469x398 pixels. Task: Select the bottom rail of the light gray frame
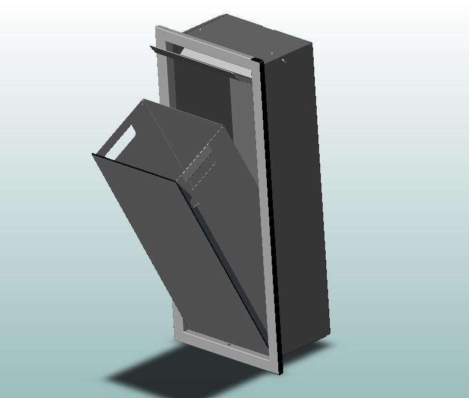pos(228,348)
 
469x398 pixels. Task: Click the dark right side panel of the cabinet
pos(297,198)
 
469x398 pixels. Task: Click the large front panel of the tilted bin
pos(174,240)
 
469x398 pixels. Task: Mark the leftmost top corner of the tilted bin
pos(93,154)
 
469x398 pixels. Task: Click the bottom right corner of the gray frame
pos(279,373)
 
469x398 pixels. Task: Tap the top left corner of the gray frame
pos(157,28)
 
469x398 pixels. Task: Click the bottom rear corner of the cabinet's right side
pos(329,334)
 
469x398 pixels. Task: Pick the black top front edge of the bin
pos(135,167)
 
